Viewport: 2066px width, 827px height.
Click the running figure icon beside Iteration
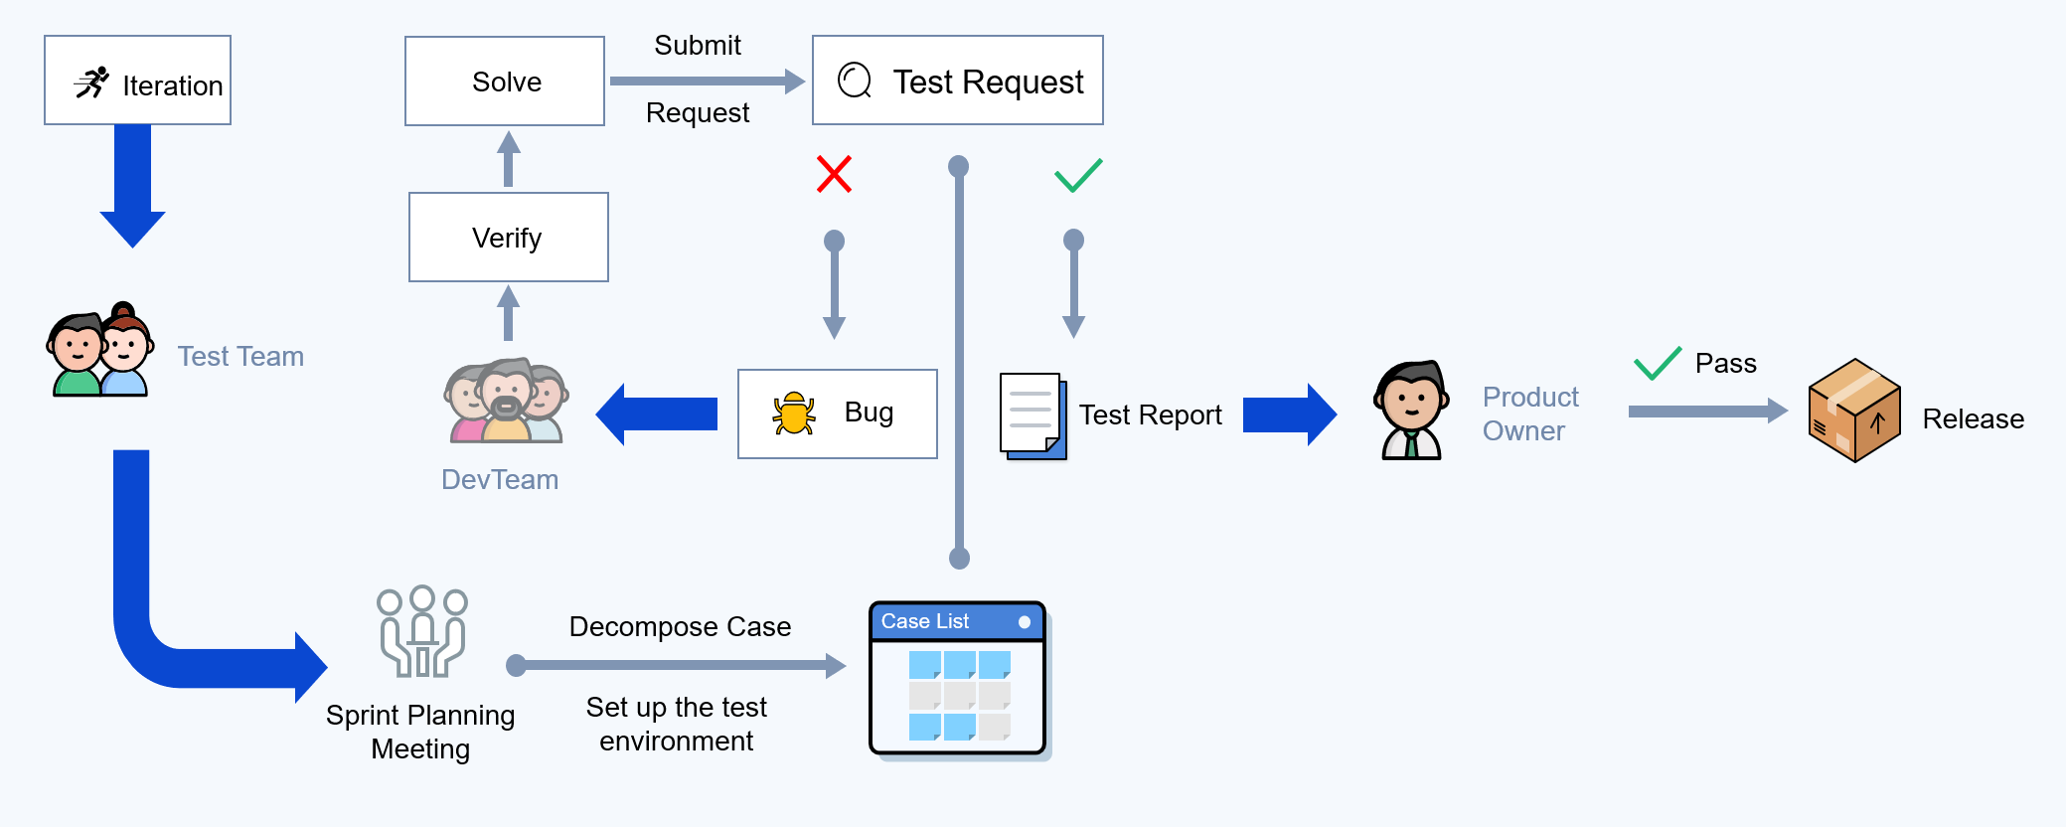(91, 83)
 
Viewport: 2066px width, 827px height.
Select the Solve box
(505, 82)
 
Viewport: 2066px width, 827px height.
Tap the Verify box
(509, 238)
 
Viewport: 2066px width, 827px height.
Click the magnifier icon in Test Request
(855, 81)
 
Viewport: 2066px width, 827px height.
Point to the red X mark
(834, 174)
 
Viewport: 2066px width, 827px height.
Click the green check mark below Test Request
(1078, 175)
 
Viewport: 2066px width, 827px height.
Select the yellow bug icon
(794, 413)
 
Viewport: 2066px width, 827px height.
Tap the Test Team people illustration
(100, 350)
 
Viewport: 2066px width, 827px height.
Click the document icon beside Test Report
(1033, 416)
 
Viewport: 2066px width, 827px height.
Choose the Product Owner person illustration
(1411, 410)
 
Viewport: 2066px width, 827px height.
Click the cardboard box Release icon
(1854, 411)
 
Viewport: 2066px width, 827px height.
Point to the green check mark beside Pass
(1658, 364)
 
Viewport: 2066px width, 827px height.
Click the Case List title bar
(957, 622)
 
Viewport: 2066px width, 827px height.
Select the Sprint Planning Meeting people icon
(422, 631)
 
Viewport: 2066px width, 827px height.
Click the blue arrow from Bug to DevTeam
(656, 414)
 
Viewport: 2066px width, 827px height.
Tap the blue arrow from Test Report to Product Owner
(1290, 414)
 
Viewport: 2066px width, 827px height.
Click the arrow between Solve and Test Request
(708, 82)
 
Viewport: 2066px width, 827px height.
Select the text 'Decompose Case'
(680, 627)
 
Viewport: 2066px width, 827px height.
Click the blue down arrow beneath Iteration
(132, 186)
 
